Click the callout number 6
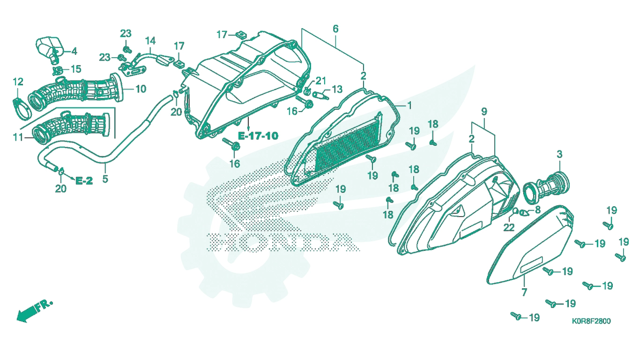(x=335, y=29)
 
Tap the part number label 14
(x=150, y=41)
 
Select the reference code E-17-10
(x=258, y=135)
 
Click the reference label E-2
(x=84, y=181)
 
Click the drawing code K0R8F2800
(x=591, y=321)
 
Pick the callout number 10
(x=141, y=89)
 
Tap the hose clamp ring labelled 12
(x=22, y=109)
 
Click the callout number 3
(x=559, y=154)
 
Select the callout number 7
(x=524, y=292)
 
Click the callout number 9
(x=484, y=112)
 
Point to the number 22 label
(x=509, y=227)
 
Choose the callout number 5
(x=105, y=179)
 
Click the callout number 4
(x=74, y=52)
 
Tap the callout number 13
(x=337, y=90)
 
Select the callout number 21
(x=320, y=81)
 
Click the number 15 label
(x=76, y=69)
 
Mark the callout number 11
(x=18, y=138)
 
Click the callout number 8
(x=537, y=210)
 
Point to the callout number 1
(x=409, y=106)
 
